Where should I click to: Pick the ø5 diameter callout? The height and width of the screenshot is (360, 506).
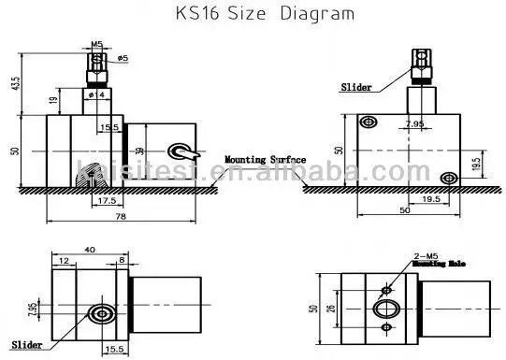click(x=123, y=59)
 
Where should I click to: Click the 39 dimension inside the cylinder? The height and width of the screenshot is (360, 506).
click(x=140, y=151)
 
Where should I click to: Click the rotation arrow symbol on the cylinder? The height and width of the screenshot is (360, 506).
click(x=180, y=150)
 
